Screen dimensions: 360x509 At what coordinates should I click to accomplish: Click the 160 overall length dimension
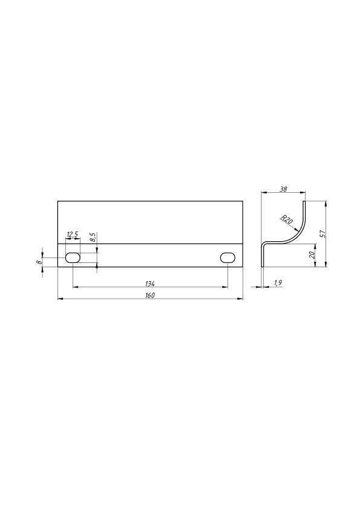click(150, 296)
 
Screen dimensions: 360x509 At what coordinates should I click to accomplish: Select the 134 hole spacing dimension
click(150, 284)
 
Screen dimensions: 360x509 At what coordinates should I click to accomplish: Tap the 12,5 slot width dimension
click(73, 235)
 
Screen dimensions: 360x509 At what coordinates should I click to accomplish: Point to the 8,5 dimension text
click(93, 238)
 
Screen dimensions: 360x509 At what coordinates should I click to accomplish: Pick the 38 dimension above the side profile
click(283, 189)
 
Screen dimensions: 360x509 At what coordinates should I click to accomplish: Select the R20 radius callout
click(287, 220)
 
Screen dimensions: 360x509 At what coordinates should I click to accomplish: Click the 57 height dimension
click(322, 234)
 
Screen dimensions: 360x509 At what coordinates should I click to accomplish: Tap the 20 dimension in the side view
click(312, 255)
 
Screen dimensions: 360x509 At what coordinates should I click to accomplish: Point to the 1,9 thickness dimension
click(278, 283)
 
